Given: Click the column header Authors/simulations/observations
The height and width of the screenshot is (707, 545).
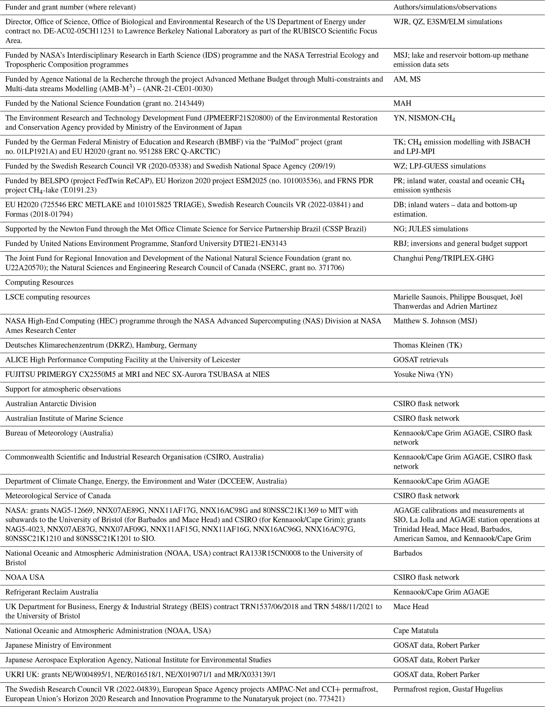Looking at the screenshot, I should click(x=445, y=7).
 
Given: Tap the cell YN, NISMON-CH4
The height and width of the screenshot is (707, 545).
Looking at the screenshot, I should click(x=424, y=118).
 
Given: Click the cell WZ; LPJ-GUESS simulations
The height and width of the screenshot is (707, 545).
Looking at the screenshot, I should click(x=439, y=166).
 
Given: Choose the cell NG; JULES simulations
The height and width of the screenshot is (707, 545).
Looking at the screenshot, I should click(x=430, y=229).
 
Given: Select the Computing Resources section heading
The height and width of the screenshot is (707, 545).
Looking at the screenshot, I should click(x=40, y=282).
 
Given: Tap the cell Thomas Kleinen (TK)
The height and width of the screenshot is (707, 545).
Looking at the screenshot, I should click(x=427, y=345).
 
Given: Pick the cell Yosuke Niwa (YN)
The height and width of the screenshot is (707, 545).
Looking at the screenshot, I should click(x=423, y=375).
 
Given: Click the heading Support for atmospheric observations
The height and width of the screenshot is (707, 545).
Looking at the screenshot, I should click(x=63, y=389).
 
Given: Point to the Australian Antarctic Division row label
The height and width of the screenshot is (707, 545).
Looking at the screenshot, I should click(x=51, y=404).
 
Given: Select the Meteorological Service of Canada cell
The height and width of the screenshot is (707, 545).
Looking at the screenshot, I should click(x=58, y=496).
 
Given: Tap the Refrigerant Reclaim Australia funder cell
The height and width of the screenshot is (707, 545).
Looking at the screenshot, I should click(x=52, y=592).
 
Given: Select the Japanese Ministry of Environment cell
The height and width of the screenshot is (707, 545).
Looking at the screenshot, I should click(x=58, y=645).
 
